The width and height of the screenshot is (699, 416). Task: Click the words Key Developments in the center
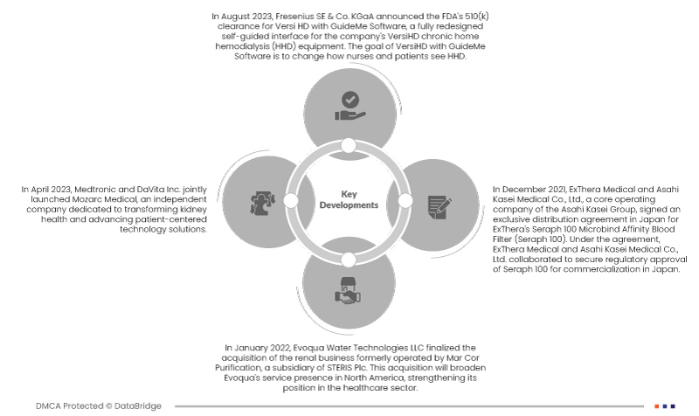tap(348, 200)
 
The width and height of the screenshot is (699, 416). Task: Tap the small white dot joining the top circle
tap(349, 144)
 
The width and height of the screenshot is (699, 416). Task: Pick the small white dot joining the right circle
tap(405, 200)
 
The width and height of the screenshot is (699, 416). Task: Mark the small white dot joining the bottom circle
tap(349, 258)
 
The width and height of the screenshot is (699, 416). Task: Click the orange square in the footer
tap(657, 406)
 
